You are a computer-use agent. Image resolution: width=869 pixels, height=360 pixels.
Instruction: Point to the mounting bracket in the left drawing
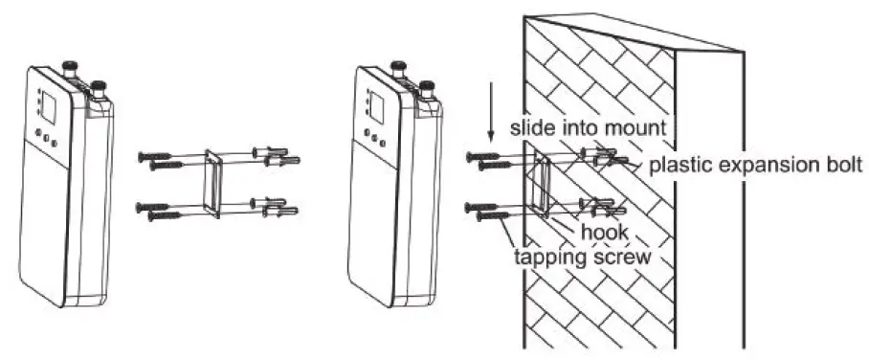click(212, 183)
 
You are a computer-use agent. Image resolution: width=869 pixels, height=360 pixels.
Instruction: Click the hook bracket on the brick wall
click(543, 183)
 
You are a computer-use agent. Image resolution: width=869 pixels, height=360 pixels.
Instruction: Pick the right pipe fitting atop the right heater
click(427, 89)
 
